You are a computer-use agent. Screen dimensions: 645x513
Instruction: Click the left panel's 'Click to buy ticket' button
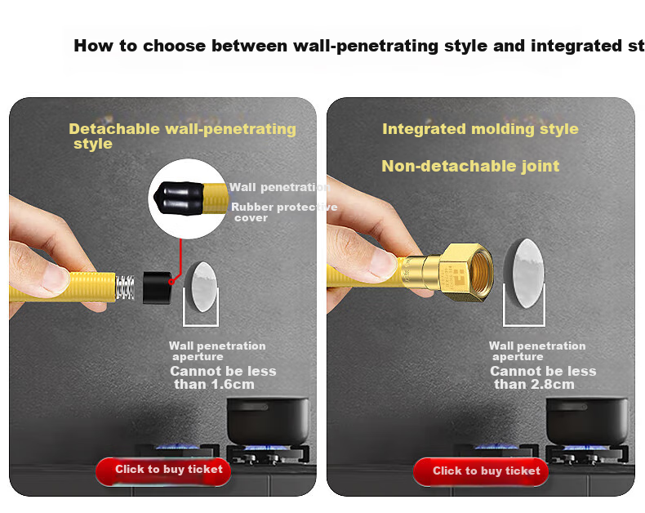(163, 471)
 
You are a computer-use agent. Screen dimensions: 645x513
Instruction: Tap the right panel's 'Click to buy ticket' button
(481, 472)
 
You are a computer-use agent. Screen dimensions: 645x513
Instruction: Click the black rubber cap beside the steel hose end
(158, 288)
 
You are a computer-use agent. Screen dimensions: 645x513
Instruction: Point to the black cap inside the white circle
(179, 198)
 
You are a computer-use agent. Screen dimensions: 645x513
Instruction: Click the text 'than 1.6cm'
(214, 385)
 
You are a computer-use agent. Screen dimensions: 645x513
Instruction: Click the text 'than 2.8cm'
(534, 385)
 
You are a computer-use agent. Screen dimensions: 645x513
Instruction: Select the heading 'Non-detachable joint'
(470, 166)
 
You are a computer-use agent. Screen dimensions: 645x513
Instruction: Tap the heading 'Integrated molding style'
(480, 129)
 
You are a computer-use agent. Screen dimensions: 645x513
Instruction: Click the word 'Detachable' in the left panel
(114, 129)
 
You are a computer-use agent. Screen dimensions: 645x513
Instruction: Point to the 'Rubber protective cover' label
(284, 212)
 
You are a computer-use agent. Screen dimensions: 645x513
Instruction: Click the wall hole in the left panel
(201, 287)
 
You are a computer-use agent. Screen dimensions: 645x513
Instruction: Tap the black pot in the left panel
(268, 421)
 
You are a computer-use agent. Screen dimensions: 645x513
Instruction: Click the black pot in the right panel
(587, 421)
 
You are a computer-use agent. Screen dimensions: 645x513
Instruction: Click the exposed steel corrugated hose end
(125, 288)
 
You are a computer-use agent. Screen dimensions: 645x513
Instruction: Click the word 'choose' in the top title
(174, 46)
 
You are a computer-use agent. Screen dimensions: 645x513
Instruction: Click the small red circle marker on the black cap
(171, 282)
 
